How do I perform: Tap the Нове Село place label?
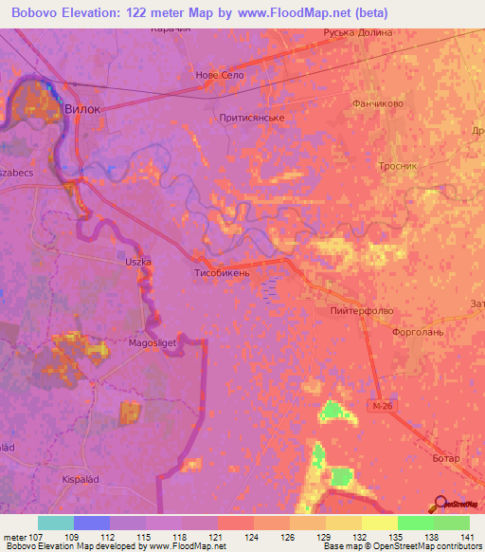pyautogui.click(x=221, y=74)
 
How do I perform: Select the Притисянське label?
pyautogui.click(x=251, y=118)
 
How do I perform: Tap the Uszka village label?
pyautogui.click(x=138, y=261)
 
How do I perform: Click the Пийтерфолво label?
pyautogui.click(x=361, y=310)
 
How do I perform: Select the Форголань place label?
pyautogui.click(x=417, y=333)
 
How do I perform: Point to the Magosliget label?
pyautogui.click(x=152, y=346)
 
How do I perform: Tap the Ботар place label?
pyautogui.click(x=444, y=458)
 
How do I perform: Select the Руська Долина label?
pyautogui.click(x=383, y=32)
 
